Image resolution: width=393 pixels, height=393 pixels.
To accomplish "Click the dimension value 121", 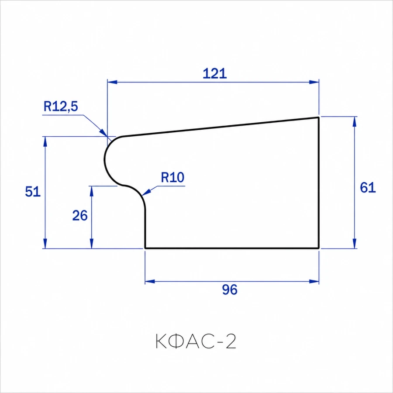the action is (214, 73).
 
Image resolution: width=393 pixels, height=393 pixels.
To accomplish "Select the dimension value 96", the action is (230, 290).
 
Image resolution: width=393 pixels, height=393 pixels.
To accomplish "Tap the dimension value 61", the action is (368, 187).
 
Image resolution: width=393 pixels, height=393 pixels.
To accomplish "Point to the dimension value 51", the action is (33, 192).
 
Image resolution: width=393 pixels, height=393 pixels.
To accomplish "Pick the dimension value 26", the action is (80, 216).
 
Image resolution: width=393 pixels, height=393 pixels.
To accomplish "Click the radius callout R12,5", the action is (61, 106).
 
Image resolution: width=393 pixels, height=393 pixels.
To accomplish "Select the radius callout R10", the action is (172, 177).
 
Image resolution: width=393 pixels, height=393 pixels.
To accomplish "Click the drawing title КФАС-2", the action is (196, 341).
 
